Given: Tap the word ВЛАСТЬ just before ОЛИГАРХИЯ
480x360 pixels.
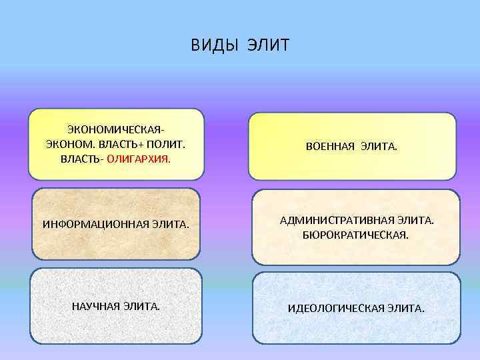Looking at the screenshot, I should [81, 159].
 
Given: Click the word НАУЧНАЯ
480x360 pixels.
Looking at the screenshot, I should [93, 306].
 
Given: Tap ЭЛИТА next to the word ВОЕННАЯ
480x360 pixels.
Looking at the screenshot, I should [379, 146].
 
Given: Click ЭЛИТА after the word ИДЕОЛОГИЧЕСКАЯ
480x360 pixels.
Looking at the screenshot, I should [405, 309].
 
